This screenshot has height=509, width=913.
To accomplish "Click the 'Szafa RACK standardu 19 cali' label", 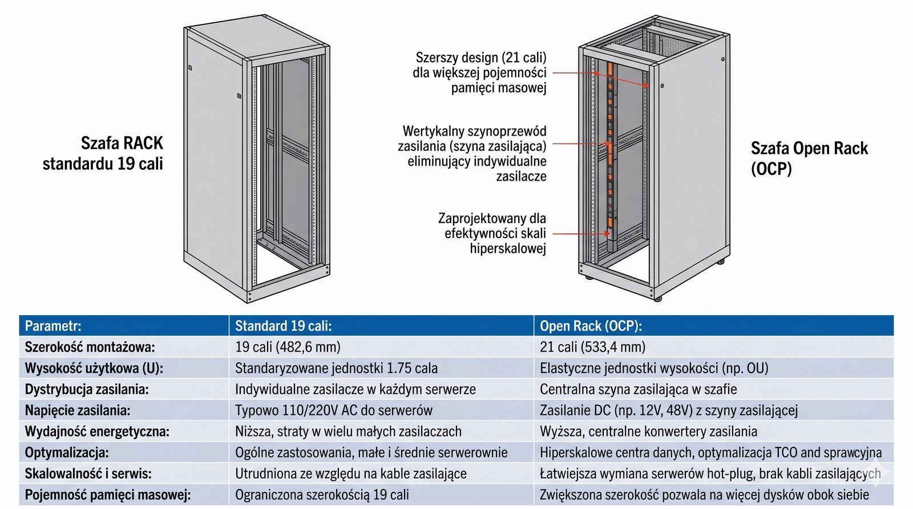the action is click(x=103, y=153).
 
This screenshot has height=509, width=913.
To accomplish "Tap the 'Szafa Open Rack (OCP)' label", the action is click(x=810, y=158).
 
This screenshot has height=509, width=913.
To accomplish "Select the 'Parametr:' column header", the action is click(x=53, y=326).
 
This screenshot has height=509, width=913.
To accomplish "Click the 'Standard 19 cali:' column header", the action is click(x=283, y=326).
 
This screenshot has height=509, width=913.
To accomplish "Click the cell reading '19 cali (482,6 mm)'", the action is click(x=288, y=347).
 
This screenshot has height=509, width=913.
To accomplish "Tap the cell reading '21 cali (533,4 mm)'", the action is click(x=593, y=347).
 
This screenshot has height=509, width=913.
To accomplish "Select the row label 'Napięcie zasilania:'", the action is click(x=78, y=410).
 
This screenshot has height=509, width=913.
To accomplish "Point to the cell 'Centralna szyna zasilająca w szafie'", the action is click(x=639, y=389).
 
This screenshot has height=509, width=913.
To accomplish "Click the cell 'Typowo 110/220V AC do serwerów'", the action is click(x=334, y=410).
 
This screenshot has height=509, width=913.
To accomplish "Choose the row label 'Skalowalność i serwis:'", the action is click(x=88, y=474).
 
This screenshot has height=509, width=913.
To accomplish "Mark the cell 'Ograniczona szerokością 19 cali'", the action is click(x=322, y=495).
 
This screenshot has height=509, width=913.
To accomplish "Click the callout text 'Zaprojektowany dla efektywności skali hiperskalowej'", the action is click(x=492, y=233).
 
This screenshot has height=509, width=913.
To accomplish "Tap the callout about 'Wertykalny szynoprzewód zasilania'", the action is click(x=472, y=153).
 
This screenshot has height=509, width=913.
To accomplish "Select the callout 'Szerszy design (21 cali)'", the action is click(x=480, y=72).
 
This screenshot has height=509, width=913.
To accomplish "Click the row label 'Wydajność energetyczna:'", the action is click(x=97, y=431).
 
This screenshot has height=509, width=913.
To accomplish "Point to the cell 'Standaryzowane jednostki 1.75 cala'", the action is click(x=336, y=368).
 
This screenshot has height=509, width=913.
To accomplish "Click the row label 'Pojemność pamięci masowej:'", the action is click(x=108, y=495).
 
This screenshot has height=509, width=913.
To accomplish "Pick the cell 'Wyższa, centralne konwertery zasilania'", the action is click(x=648, y=431).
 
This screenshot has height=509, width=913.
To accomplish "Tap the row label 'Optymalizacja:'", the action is click(x=67, y=453).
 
